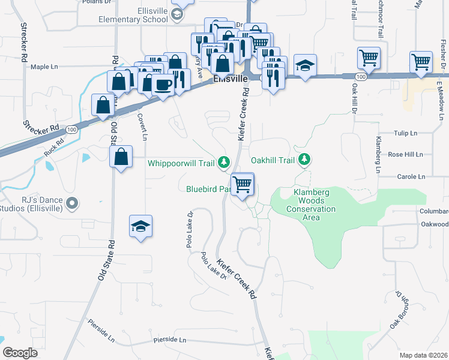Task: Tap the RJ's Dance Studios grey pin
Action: point(73,203)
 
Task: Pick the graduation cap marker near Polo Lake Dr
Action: point(140,226)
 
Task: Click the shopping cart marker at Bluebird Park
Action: point(243,184)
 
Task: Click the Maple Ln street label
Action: point(48,67)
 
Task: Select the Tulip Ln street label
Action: point(405,133)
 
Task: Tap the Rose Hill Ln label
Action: point(405,154)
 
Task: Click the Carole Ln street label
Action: point(411,177)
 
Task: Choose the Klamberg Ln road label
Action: point(378,154)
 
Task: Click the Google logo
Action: point(20,353)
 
